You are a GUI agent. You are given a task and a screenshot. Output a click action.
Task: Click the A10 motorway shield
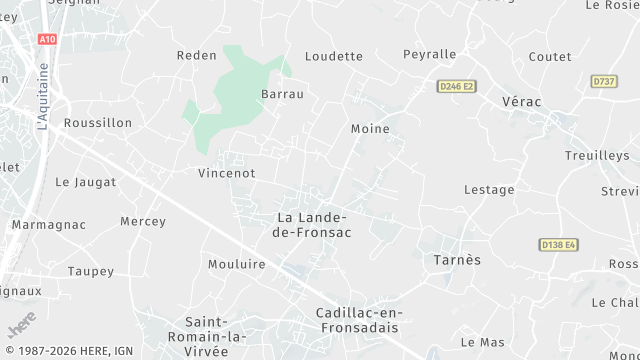[47, 39]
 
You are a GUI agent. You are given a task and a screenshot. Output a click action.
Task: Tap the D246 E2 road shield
[456, 87]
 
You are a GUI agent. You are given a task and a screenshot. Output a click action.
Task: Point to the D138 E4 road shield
[558, 244]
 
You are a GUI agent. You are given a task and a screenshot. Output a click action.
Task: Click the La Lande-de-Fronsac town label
[311, 225]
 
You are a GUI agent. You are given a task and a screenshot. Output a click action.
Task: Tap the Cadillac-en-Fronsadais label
[356, 320]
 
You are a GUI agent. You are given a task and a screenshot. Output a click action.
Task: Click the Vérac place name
[520, 103]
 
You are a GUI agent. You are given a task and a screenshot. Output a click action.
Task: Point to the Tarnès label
[457, 260]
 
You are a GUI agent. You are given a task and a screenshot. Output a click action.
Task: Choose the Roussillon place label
[97, 123]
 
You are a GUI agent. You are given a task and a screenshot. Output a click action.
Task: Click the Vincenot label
[227, 173]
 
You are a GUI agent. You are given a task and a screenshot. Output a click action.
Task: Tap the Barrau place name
[282, 94]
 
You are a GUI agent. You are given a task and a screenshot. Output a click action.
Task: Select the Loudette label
[334, 56]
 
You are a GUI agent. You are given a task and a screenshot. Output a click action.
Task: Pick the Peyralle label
[429, 54]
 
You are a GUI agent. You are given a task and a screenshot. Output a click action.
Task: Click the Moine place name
[370, 129]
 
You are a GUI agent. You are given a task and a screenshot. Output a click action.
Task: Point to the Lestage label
[489, 190]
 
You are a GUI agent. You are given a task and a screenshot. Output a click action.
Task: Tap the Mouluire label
[236, 264]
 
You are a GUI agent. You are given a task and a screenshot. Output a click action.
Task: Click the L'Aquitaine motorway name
[43, 97]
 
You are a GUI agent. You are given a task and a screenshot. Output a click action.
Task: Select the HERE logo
[21, 326]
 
